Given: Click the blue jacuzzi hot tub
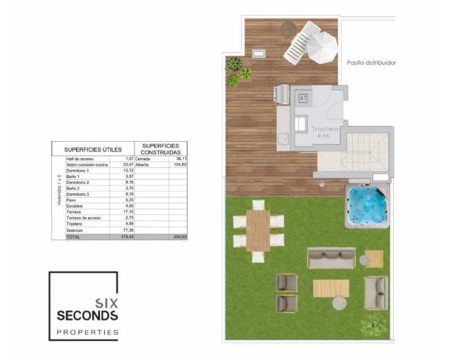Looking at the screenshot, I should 367,204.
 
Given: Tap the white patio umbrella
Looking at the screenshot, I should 322,48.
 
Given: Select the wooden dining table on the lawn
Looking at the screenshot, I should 258,230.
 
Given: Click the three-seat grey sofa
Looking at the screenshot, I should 331,258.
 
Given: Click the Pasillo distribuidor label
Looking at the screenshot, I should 371,63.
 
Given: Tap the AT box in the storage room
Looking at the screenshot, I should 303,97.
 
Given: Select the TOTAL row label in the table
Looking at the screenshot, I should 73,237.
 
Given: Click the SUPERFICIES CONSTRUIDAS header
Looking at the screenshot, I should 161,148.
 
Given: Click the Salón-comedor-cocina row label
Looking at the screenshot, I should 87,165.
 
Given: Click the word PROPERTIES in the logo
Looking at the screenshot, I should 88,332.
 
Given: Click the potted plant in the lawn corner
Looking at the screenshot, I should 373,326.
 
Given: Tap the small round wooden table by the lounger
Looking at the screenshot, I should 289,28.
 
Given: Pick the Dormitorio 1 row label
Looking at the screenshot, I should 78,170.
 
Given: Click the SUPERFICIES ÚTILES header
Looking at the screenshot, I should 93,149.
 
